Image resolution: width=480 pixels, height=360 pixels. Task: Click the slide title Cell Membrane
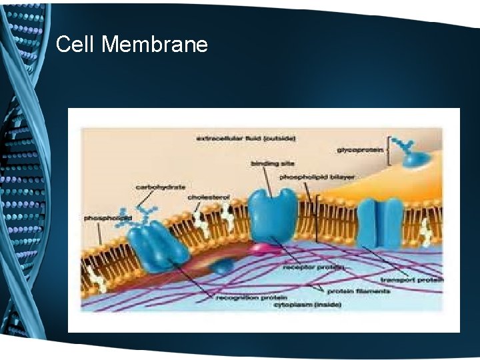pyautogui.click(x=132, y=45)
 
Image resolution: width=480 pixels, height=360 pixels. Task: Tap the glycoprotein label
pyautogui.click(x=360, y=151)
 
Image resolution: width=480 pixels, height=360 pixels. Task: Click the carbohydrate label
pyautogui.click(x=161, y=187)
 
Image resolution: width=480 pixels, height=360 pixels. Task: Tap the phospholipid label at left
pyautogui.click(x=107, y=218)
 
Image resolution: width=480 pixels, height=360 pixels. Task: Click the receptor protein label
pyautogui.click(x=313, y=267)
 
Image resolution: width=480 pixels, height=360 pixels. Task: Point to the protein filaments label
pyautogui.click(x=349, y=291)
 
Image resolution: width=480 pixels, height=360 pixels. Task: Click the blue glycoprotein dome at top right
pyautogui.click(x=414, y=157)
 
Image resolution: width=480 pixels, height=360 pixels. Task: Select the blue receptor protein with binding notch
pyautogui.click(x=272, y=215)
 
